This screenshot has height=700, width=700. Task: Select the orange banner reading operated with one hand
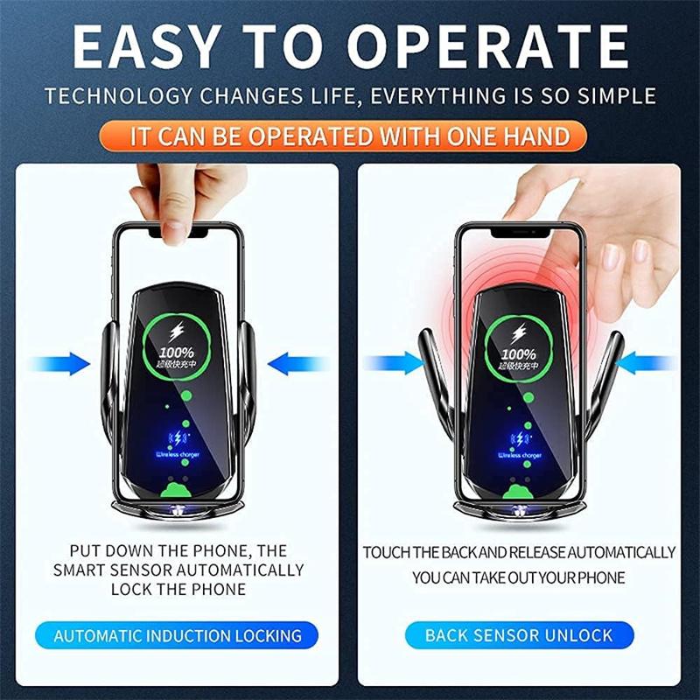(350, 136)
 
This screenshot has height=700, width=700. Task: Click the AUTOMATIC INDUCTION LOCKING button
(178, 635)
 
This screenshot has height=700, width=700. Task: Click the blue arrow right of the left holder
(293, 361)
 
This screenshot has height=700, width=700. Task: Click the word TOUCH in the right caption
(386, 553)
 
